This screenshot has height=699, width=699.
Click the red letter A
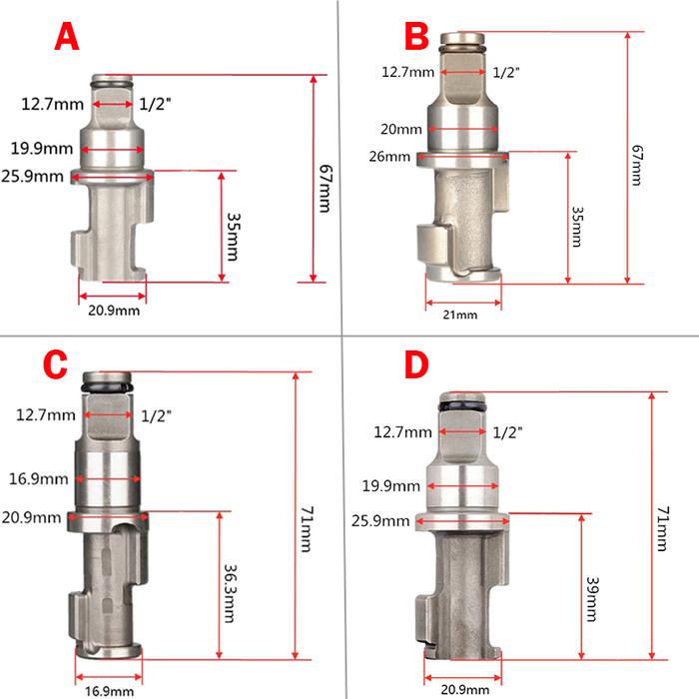[67, 37]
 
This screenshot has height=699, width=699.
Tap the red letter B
[416, 36]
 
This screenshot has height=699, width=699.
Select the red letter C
[55, 364]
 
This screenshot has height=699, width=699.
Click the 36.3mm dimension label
[230, 593]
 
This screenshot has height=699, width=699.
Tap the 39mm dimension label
[592, 599]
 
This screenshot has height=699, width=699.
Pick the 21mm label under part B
[460, 315]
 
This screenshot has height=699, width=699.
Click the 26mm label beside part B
[389, 157]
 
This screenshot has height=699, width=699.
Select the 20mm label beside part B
[401, 129]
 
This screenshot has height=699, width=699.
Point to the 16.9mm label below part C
[109, 691]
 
